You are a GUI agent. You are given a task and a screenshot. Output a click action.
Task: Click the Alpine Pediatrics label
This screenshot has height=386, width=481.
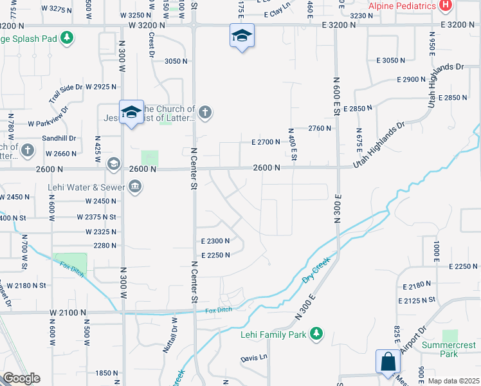401,6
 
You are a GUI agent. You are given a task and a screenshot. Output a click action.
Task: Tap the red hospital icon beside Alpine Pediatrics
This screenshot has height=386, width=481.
444,6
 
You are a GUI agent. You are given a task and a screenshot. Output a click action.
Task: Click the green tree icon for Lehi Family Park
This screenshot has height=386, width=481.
315,333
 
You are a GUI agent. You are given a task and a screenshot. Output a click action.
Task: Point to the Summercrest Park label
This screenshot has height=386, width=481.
449,349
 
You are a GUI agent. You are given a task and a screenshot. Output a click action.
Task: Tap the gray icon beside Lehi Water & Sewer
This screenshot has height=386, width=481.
135,187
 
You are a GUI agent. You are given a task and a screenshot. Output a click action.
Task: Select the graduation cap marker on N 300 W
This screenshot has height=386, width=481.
131,113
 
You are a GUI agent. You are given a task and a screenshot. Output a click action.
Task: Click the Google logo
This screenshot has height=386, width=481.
21,378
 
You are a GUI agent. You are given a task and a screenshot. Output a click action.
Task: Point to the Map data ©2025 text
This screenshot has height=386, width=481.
453,381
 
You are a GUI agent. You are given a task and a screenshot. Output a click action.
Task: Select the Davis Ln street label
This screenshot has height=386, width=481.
253,358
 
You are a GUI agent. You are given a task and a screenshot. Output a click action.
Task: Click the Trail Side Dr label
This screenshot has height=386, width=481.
66,94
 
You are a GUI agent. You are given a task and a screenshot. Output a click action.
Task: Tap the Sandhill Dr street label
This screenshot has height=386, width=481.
59,138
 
